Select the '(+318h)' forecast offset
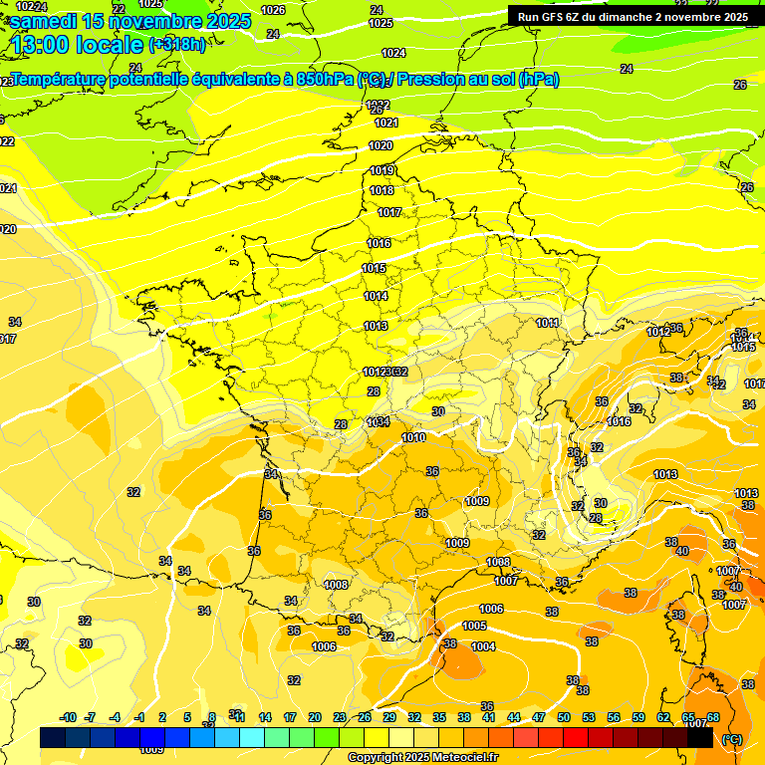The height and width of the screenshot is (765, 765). click(177, 44)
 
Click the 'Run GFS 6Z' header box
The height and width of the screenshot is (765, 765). click(633, 16)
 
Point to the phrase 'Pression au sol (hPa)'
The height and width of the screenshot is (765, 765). click(478, 79)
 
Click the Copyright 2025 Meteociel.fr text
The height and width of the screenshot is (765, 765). click(422, 757)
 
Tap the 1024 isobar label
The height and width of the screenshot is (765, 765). click(393, 53)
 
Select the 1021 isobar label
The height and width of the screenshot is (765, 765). click(386, 123)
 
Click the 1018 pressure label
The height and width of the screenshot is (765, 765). click(382, 190)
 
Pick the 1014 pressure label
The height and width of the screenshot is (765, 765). click(376, 296)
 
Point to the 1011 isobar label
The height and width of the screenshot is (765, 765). click(547, 323)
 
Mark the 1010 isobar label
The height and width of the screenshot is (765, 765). click(413, 437)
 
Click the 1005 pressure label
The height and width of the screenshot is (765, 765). click(474, 626)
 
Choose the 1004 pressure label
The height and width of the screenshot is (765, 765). click(483, 646)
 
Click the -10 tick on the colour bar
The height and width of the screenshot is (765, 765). click(68, 717)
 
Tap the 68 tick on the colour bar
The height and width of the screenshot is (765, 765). click(713, 717)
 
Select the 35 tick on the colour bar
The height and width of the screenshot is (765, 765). click(439, 717)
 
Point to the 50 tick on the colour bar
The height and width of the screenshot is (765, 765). click(564, 717)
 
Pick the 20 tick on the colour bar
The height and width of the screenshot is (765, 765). click(315, 717)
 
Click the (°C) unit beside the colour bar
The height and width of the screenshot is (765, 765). click(732, 738)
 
